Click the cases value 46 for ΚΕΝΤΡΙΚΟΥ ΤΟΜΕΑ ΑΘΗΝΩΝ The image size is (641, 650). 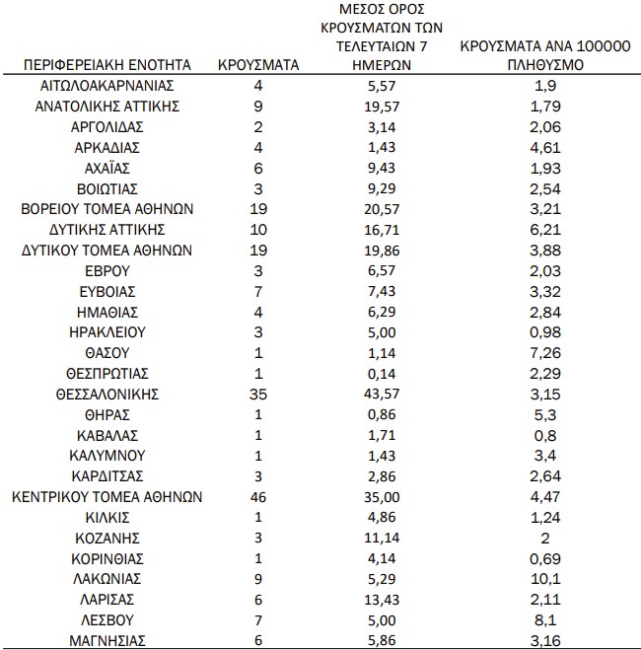[x=257, y=497]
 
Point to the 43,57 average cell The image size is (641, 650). [x=380, y=395]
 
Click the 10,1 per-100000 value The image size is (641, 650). [x=545, y=579]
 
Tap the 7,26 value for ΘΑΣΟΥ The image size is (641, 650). [x=545, y=353]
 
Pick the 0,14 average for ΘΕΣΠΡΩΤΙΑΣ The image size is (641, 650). [x=380, y=374]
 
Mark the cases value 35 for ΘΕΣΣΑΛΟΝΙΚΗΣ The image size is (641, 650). [x=257, y=395]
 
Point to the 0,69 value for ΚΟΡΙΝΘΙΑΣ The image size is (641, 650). [x=545, y=558]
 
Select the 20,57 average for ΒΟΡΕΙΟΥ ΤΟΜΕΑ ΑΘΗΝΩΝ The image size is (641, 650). [x=380, y=209]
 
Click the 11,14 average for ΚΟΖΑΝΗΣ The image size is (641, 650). [x=380, y=538]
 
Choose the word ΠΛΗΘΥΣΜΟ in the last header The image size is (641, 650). [x=545, y=65]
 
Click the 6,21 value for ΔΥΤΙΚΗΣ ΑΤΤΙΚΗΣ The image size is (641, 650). [x=545, y=230]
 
